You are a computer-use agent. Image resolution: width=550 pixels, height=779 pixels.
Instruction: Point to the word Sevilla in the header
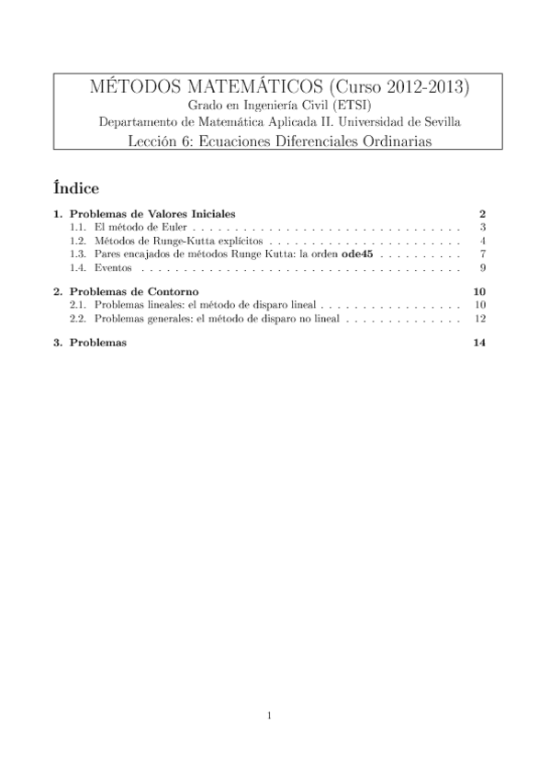pyautogui.click(x=437, y=122)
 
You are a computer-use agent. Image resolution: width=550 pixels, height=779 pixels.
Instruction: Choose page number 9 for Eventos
pyautogui.click(x=482, y=268)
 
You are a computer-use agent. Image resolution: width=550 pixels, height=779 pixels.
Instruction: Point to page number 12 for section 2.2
pyautogui.click(x=479, y=319)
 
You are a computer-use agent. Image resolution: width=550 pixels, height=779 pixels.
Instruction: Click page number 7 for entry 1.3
pyautogui.click(x=482, y=254)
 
